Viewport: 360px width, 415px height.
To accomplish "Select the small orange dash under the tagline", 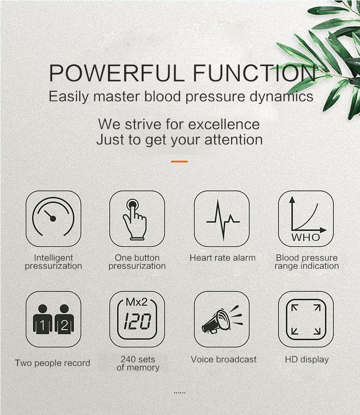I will click(180, 161).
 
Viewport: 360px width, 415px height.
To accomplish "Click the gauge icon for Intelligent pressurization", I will click(53, 219).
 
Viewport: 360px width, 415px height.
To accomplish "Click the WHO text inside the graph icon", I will click(306, 237).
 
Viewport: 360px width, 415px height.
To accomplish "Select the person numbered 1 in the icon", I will click(43, 320).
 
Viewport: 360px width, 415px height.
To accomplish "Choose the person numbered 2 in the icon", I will click(64, 320).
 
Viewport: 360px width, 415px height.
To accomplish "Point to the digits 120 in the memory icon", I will click(137, 322).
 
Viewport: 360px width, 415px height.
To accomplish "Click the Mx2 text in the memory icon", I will click(136, 303).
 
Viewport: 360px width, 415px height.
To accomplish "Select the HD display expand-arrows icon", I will click(306, 319).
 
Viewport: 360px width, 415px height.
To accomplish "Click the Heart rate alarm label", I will click(222, 258).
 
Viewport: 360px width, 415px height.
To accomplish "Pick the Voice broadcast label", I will click(224, 359).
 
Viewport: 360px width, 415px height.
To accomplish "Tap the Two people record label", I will click(53, 363).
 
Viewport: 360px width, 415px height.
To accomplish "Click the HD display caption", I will click(307, 359).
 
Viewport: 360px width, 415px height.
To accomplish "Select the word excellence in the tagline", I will click(224, 124).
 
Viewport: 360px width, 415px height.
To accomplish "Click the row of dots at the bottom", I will click(180, 393).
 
